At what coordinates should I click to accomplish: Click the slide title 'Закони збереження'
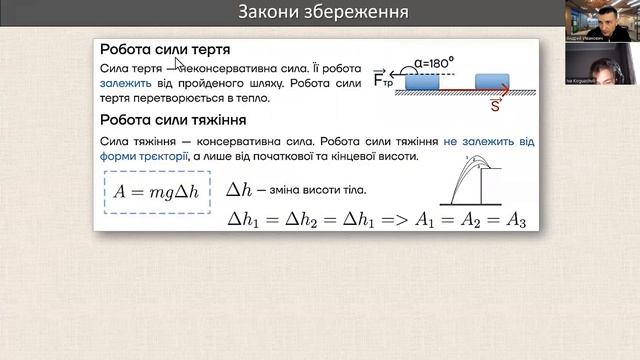(x=310, y=12)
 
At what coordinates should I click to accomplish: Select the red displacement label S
(x=496, y=102)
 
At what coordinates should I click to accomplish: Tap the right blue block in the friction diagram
(x=494, y=80)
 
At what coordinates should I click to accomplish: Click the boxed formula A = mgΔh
(x=159, y=190)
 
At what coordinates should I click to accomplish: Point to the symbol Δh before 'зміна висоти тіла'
(x=241, y=189)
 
